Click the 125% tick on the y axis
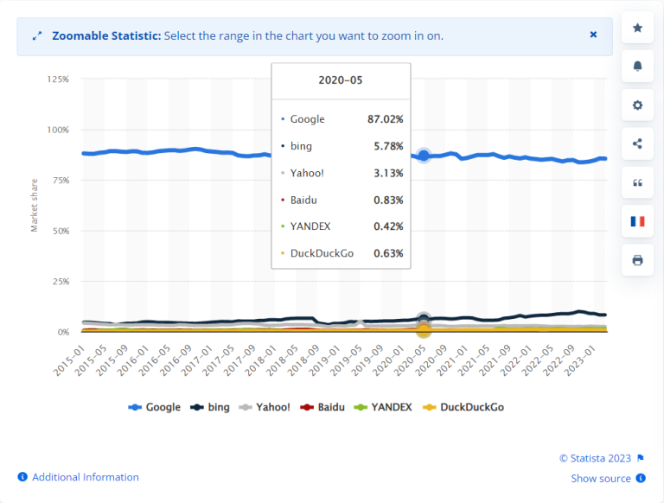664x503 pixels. tap(58, 80)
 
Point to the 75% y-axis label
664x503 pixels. tap(60, 181)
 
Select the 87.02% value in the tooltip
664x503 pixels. tap(385, 119)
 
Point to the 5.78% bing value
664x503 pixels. tap(387, 146)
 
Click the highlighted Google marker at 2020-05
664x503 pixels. tap(424, 156)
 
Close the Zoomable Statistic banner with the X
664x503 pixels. tap(593, 35)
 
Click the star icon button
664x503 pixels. tap(638, 29)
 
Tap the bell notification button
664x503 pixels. tap(638, 67)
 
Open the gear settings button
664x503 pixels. tap(638, 105)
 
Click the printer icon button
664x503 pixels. tap(638, 260)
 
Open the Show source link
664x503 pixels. tap(602, 478)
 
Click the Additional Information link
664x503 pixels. tap(85, 477)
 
